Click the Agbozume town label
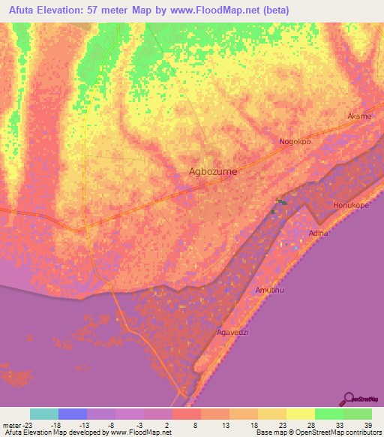pos(212,171)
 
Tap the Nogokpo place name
pos(295,141)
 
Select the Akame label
pos(358,116)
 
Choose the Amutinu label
pos(271,290)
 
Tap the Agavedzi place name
pos(232,331)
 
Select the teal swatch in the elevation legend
pos(44,414)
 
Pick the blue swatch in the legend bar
pos(73,414)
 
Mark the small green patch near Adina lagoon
pos(280,202)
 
